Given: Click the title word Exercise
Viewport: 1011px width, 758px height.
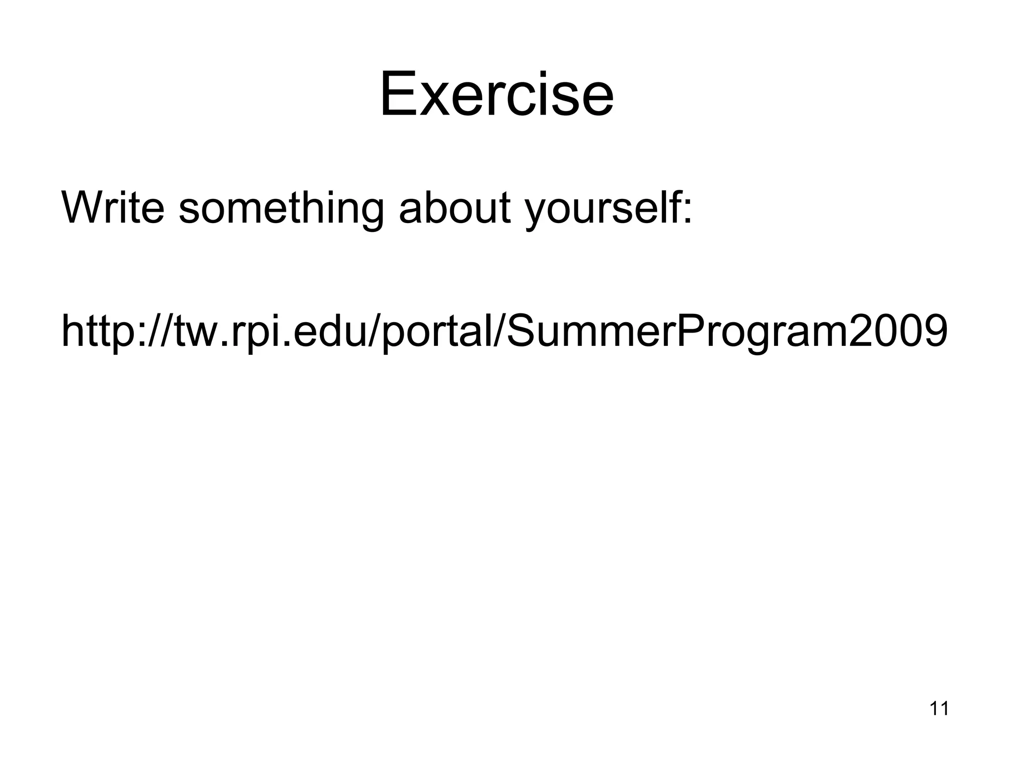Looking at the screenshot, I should (x=497, y=94).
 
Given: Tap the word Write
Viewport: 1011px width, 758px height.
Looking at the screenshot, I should (x=113, y=207).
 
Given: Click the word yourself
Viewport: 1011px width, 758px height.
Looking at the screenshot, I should (x=603, y=208).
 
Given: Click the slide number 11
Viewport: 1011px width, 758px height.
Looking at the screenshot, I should (x=939, y=709).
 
